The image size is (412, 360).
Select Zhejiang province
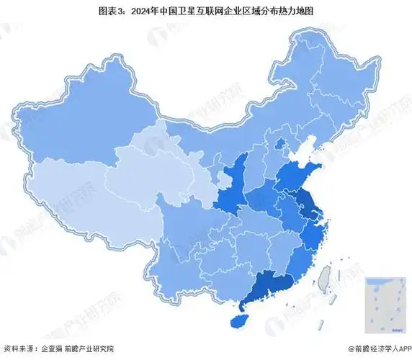pyautogui.click(x=315, y=234)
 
